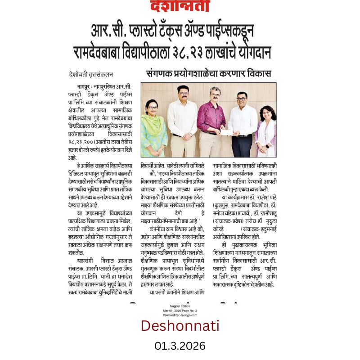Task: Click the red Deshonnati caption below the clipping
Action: pyautogui.click(x=180, y=325)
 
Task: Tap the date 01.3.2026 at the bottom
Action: pyautogui.click(x=180, y=346)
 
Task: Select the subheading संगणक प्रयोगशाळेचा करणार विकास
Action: pyautogui.click(x=208, y=74)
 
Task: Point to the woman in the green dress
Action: pyautogui.click(x=154, y=130)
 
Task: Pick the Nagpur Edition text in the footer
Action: pyautogui.click(x=180, y=307)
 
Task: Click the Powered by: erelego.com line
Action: pyautogui.click(x=180, y=315)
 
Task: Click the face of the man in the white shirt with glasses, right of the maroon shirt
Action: pyautogui.click(x=241, y=98)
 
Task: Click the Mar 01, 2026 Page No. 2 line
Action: pyautogui.click(x=180, y=311)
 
